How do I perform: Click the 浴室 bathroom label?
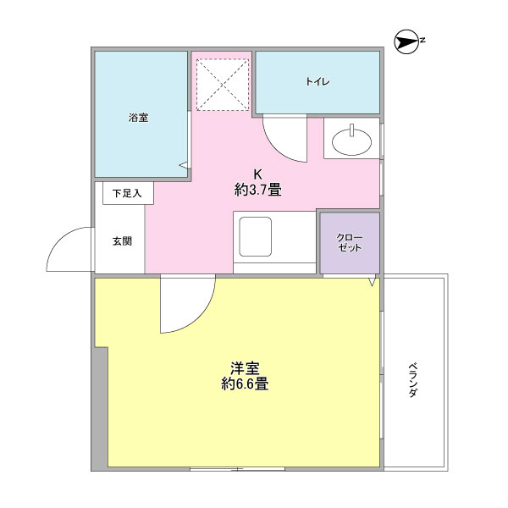(139, 118)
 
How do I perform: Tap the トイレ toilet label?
(317, 81)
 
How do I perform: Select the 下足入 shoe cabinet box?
(128, 193)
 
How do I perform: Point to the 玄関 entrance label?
(122, 241)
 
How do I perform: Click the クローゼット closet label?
(350, 243)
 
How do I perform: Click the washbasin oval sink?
(352, 142)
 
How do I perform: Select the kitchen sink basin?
(256, 236)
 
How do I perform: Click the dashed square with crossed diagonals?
(223, 85)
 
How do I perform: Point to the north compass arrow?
(407, 42)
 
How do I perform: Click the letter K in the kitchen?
(257, 174)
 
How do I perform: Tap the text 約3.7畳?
(258, 190)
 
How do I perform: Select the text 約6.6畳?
(245, 384)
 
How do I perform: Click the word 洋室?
(245, 368)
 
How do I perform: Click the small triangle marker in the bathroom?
(184, 165)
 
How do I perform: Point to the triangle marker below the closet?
(372, 281)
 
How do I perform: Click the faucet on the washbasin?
(352, 130)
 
